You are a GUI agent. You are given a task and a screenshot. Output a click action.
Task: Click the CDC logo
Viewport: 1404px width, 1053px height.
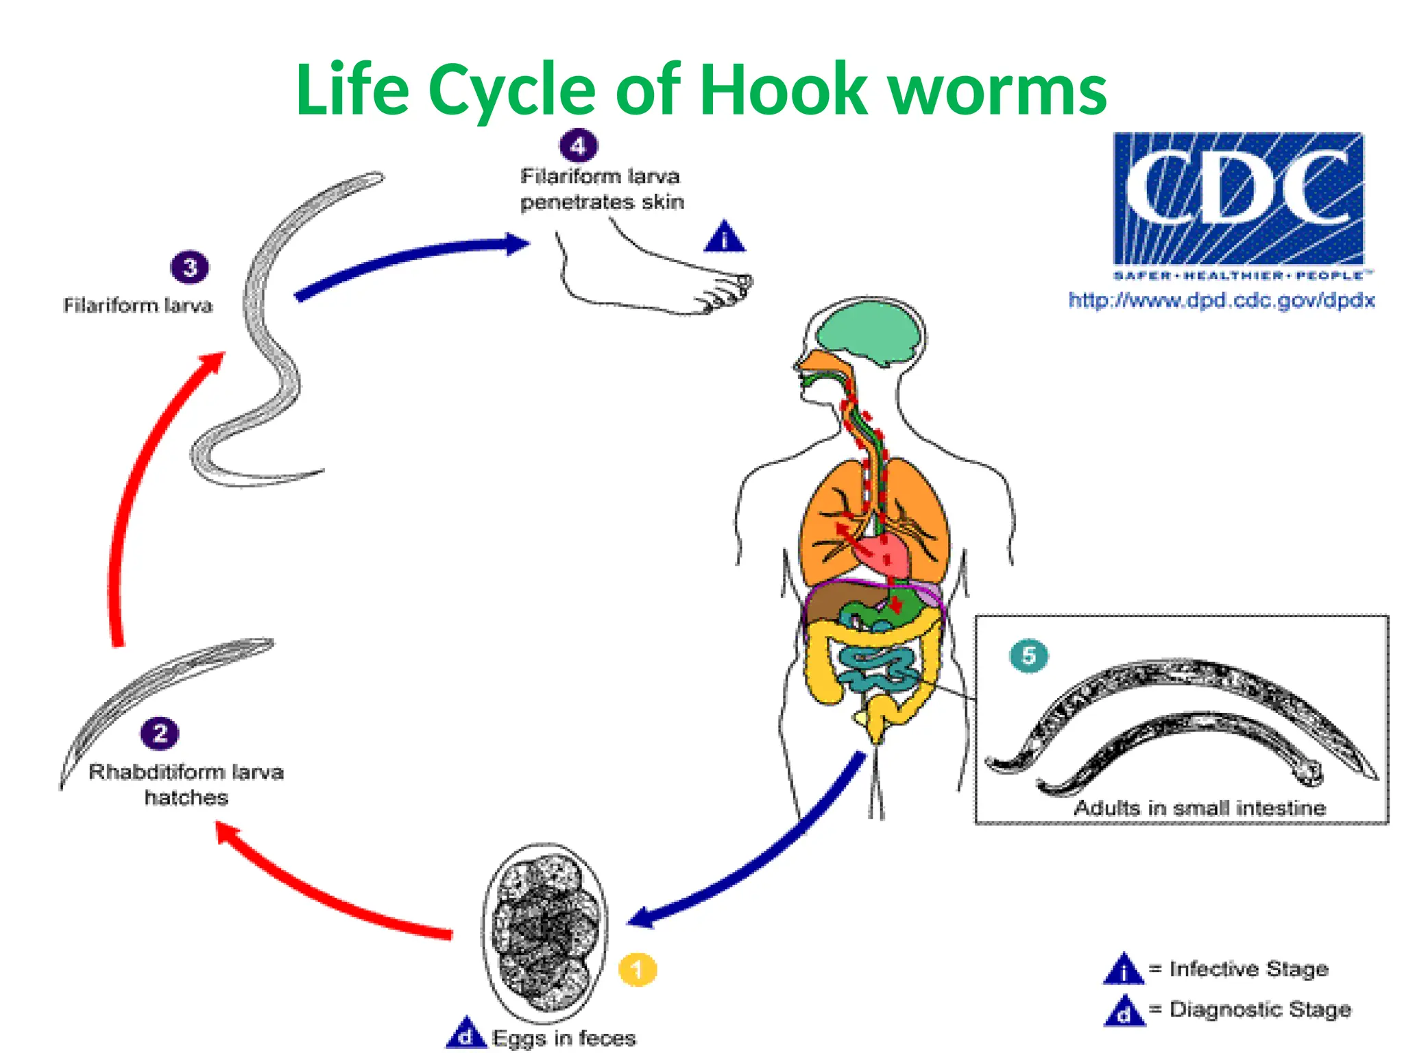coord(1238,199)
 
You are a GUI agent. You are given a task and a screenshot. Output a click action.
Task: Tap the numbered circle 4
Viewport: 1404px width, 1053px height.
coord(579,145)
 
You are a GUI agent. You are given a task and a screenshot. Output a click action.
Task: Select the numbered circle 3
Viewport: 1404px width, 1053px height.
coord(190,267)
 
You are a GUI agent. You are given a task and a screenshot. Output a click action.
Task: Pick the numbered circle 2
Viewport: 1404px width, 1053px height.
coord(160,734)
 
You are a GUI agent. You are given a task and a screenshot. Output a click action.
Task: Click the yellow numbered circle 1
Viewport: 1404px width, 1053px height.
coord(638,969)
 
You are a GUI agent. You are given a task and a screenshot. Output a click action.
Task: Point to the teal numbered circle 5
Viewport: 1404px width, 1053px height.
coord(1028,656)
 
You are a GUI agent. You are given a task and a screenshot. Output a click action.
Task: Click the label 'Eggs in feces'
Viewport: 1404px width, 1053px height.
coord(564,1037)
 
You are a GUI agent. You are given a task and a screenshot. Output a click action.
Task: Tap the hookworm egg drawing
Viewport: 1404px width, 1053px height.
coord(545,932)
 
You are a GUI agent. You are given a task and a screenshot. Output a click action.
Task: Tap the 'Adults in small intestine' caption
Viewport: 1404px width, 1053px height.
coord(1200,808)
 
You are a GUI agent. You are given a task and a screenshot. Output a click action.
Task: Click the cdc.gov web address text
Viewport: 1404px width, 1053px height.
coord(1222,300)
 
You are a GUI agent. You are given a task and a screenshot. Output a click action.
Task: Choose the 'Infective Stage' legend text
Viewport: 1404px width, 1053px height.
coord(1248,969)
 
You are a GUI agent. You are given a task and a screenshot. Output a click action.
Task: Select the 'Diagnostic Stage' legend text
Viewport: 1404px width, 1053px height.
coord(1260,1009)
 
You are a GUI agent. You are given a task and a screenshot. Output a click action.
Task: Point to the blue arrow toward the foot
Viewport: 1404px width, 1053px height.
coord(411,257)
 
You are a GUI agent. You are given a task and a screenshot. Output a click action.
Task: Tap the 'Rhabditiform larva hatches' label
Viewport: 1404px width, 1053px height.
coord(186,784)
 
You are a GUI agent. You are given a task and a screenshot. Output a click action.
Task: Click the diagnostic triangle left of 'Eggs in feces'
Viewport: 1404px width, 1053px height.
coord(465,1034)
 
